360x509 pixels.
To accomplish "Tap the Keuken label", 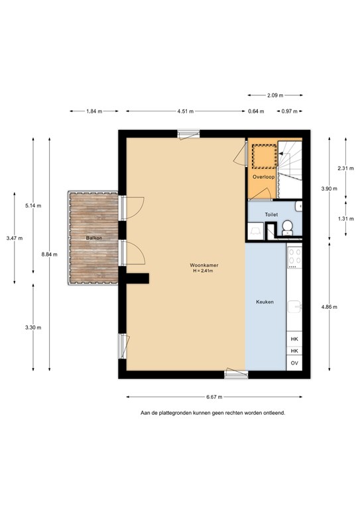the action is [265, 302].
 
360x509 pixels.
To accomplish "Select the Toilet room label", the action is [271, 215].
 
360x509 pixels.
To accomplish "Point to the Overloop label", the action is [264, 177].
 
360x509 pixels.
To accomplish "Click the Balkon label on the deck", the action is [94, 238].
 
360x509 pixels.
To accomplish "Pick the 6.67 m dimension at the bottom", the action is [214, 397].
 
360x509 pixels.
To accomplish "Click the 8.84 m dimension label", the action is [49, 254].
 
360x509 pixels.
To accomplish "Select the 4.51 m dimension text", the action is [186, 111].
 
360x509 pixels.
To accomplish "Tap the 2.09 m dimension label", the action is [275, 95].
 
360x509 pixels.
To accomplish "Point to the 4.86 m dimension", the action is [329, 307].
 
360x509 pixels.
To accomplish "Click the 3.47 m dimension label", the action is [15, 239].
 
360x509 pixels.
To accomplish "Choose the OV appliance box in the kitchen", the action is [294, 363].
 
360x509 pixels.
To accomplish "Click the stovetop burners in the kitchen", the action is [295, 256].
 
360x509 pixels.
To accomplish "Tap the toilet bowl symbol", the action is [287, 227].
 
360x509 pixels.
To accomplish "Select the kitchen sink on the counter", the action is [295, 306].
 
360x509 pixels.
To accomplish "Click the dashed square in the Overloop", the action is [265, 156].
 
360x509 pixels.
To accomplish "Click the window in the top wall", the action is [188, 134].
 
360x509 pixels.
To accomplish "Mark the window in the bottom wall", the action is [236, 374].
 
